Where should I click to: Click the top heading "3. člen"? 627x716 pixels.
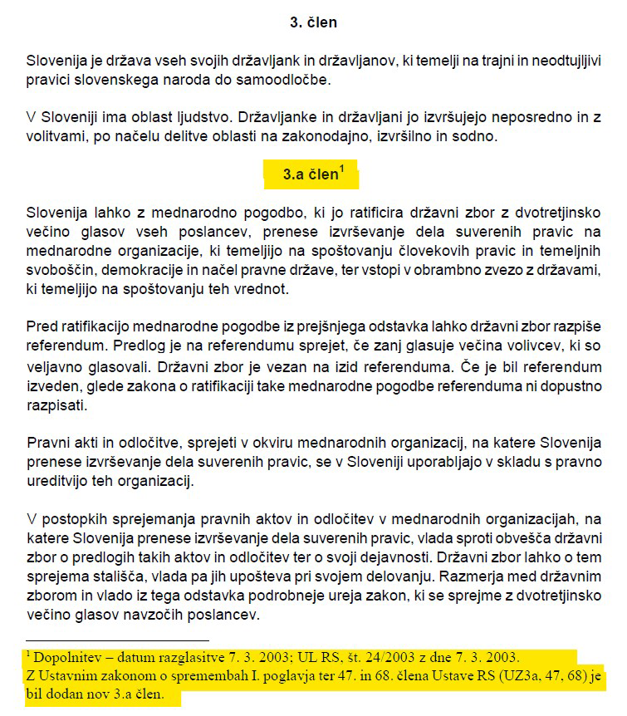pos(313,23)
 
